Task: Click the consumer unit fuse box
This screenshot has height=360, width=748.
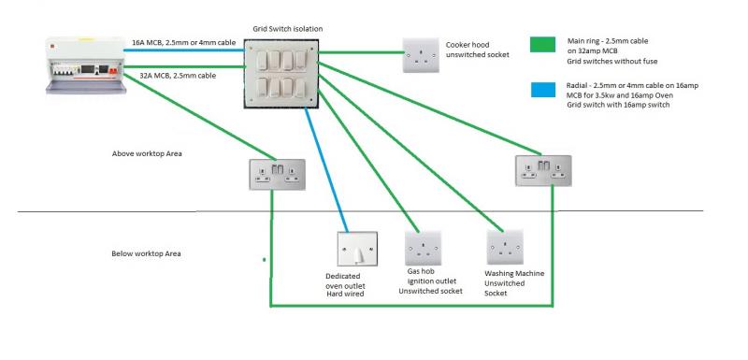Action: pos(85,65)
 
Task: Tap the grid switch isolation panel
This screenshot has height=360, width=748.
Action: pos(282,74)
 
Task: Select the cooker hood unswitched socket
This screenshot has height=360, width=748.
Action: pos(420,55)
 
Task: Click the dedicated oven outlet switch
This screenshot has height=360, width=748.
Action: pos(357,249)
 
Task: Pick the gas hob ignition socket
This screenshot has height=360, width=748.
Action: pos(424,248)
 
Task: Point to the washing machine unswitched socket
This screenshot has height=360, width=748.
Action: pos(505,247)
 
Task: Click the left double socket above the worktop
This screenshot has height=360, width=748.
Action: pos(277,175)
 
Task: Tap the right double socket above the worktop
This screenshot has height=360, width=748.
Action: pos(543,170)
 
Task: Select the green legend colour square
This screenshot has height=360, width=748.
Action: pos(542,44)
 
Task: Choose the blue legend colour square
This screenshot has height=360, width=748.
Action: pos(543,90)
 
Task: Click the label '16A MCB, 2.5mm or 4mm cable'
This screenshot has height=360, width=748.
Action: pos(183,42)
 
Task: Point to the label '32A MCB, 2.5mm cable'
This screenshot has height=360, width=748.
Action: pos(178,76)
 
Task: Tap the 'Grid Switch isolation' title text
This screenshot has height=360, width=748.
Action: pos(288,29)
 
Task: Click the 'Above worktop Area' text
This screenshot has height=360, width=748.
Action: pos(147,153)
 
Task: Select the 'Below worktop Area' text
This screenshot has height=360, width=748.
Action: pos(146,253)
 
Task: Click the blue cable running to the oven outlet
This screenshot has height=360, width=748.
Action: pos(326,170)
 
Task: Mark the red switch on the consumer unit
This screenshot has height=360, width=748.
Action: pos(113,70)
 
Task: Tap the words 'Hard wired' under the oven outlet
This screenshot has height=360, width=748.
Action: pos(345,295)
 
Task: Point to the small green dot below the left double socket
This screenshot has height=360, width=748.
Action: pos(264,260)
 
